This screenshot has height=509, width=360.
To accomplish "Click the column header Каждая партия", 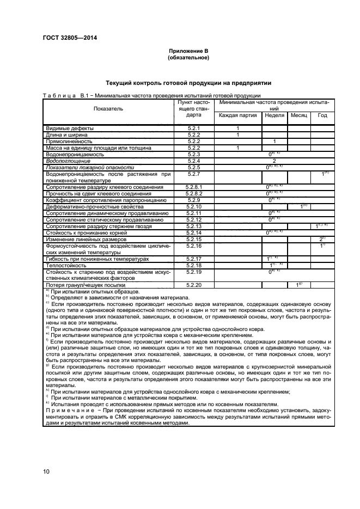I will tap(238, 115).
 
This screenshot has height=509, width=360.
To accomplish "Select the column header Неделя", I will tap(274, 115).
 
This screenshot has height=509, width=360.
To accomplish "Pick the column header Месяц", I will tap(299, 115).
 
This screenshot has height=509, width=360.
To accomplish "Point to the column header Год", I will tap(322, 115).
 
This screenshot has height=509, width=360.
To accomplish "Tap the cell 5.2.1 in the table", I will tap(194, 128).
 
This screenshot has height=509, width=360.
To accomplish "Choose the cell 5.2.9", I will tap(194, 200).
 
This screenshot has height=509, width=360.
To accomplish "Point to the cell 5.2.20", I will tap(194, 285).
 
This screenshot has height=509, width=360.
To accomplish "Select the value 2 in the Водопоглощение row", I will tap(274, 161).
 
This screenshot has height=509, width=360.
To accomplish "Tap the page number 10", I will tap(46, 471).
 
